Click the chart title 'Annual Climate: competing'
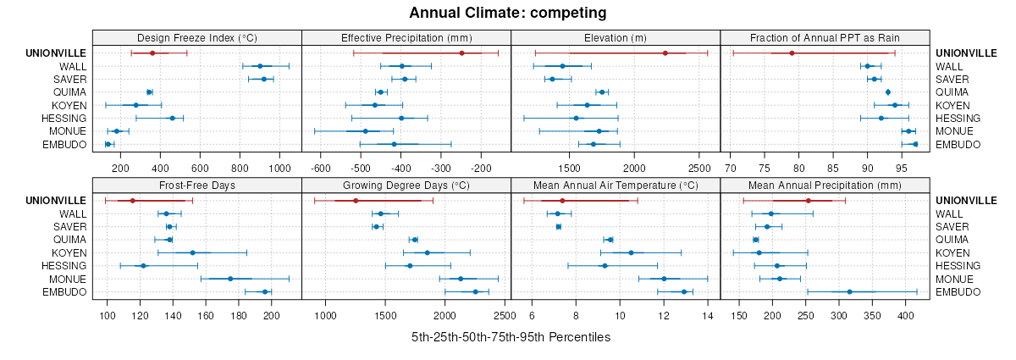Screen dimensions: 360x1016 click(507, 13)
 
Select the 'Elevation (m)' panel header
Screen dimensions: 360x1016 click(616, 37)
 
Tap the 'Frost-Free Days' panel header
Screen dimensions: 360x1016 click(197, 185)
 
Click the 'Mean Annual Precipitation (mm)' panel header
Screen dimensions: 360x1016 click(825, 185)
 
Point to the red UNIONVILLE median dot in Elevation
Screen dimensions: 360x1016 click(665, 53)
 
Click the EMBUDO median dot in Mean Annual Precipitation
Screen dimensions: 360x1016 click(849, 292)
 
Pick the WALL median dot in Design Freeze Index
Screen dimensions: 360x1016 click(260, 66)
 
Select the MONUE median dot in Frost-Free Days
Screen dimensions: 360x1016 click(230, 279)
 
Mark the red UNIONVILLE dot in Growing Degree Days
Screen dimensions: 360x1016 click(356, 201)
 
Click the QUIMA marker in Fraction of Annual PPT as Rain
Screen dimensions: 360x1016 click(888, 92)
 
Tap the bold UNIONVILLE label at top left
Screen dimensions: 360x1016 click(56, 53)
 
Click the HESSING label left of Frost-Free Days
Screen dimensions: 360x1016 click(66, 266)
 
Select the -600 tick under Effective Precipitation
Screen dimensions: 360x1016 click(321, 169)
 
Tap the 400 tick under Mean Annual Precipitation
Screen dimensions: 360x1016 click(906, 316)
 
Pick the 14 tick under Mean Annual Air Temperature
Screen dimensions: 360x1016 click(708, 316)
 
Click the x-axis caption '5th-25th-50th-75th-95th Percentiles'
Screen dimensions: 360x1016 click(511, 337)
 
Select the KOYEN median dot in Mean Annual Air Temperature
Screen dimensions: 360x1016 click(631, 252)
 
